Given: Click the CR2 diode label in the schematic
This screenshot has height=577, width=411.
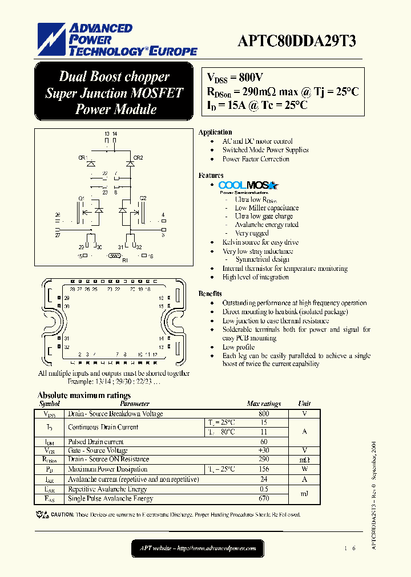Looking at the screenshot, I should [x=138, y=157].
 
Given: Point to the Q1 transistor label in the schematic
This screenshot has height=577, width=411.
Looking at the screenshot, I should [x=81, y=198].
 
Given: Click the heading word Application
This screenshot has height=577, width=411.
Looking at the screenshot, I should [x=215, y=132].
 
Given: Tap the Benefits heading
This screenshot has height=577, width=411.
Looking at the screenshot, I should [x=210, y=294].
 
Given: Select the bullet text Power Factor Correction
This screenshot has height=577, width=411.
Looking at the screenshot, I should [x=256, y=159].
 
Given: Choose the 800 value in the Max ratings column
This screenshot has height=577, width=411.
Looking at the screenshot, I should [x=264, y=414].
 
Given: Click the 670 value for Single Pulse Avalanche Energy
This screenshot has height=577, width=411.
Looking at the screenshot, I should [x=264, y=499].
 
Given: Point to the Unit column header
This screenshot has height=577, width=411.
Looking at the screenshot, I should [x=304, y=404].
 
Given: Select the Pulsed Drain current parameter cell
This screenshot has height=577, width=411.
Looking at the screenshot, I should [x=95, y=442].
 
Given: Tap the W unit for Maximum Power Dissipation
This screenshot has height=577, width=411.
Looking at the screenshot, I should [x=304, y=469].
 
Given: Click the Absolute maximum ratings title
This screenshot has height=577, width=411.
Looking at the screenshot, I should [x=84, y=395].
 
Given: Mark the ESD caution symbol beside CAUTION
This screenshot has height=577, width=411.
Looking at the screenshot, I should [x=42, y=514].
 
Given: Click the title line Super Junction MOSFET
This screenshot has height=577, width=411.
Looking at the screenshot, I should [x=114, y=93].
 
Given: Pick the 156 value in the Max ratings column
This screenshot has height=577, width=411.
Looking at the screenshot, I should [x=264, y=469].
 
